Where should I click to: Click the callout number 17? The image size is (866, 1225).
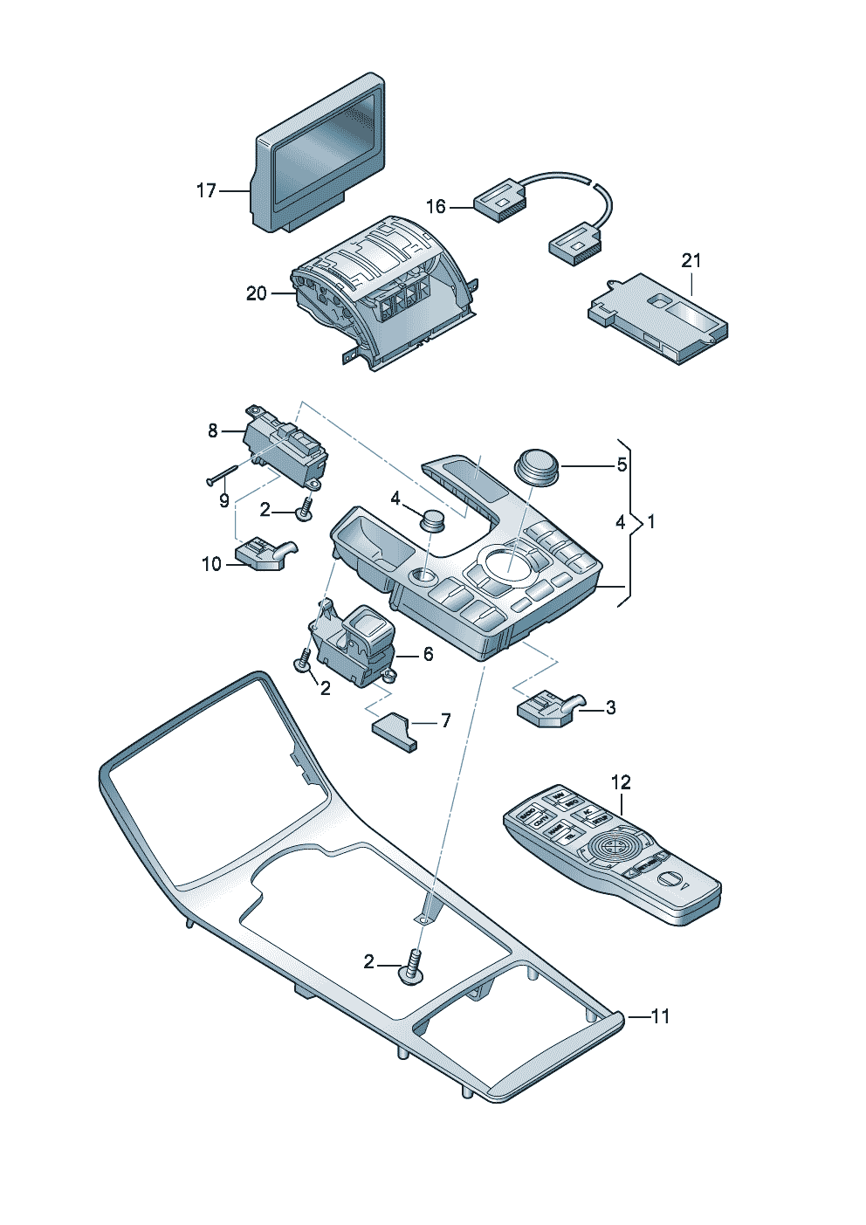[x=206, y=190]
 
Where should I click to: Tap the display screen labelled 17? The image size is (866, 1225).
[x=323, y=153]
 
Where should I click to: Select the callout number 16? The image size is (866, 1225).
[x=436, y=206]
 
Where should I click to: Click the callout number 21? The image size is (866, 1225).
[x=691, y=260]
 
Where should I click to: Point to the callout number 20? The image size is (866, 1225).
[x=256, y=293]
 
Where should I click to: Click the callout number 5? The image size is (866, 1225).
[x=622, y=465]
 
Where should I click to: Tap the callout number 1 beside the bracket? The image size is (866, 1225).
[x=651, y=522]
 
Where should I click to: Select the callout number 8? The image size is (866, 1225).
[x=212, y=430]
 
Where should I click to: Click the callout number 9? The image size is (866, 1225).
[x=223, y=500]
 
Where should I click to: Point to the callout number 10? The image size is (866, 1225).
[x=212, y=564]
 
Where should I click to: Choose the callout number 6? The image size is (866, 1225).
[x=428, y=654]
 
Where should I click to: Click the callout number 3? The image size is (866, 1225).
[x=610, y=707]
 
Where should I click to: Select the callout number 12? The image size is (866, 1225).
[x=621, y=781]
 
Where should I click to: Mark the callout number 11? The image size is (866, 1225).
[x=661, y=1015]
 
